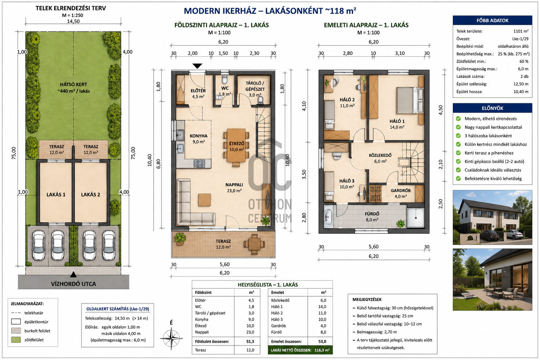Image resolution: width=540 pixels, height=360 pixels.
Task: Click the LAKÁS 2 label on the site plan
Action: tap(90, 194)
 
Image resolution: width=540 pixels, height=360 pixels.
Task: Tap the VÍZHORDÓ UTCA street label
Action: tap(73, 284)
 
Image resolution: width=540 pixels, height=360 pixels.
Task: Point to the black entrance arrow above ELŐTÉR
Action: tap(198, 66)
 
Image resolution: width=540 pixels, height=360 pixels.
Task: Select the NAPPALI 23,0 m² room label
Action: tap(234, 188)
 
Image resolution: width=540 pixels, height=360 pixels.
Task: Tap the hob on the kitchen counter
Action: tap(199, 163)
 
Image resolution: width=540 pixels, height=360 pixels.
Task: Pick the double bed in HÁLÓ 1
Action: tap(410, 100)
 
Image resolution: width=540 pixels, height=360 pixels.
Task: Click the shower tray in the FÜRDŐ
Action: tap(416, 218)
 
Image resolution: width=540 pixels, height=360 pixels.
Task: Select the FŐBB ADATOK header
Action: tap(492, 20)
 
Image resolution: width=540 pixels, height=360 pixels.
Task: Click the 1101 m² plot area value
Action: tap(521, 31)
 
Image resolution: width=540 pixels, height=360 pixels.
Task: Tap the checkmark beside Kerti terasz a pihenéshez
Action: tap(458, 153)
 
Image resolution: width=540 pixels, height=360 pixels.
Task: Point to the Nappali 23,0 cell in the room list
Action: tap(250, 332)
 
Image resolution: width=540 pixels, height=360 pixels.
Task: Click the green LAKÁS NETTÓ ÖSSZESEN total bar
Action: tap(300, 350)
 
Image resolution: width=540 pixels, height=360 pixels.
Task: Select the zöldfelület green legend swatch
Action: tap(16, 340)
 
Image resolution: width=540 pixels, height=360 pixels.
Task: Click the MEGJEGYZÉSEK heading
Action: tap(367, 300)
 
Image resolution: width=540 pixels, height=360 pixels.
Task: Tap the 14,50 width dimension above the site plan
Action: tap(73, 21)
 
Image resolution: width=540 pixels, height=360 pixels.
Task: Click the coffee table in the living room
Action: tap(204, 200)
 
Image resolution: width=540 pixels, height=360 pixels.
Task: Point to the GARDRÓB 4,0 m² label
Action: tap(401, 193)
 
